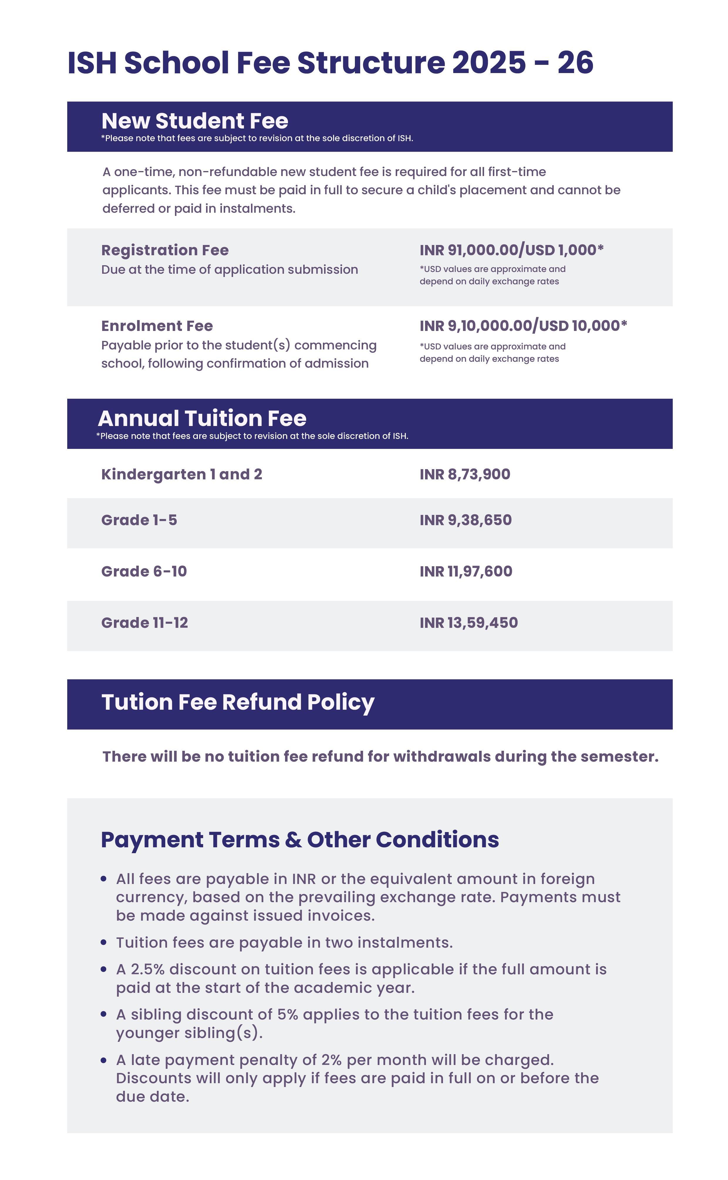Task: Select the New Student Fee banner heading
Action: pyautogui.click(x=195, y=121)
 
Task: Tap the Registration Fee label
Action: pyautogui.click(x=165, y=250)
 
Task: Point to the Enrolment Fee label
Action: pyautogui.click(x=157, y=326)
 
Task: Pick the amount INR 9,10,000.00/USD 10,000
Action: pyautogui.click(x=523, y=326)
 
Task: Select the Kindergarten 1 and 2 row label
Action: pyautogui.click(x=181, y=474)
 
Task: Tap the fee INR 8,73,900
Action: pyautogui.click(x=465, y=474)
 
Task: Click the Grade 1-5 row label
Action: pyautogui.click(x=139, y=520)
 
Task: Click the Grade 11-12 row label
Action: pyautogui.click(x=144, y=623)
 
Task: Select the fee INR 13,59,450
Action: pyautogui.click(x=469, y=623)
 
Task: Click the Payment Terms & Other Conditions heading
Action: pyautogui.click(x=299, y=840)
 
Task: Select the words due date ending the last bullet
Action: pyautogui.click(x=152, y=1097)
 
